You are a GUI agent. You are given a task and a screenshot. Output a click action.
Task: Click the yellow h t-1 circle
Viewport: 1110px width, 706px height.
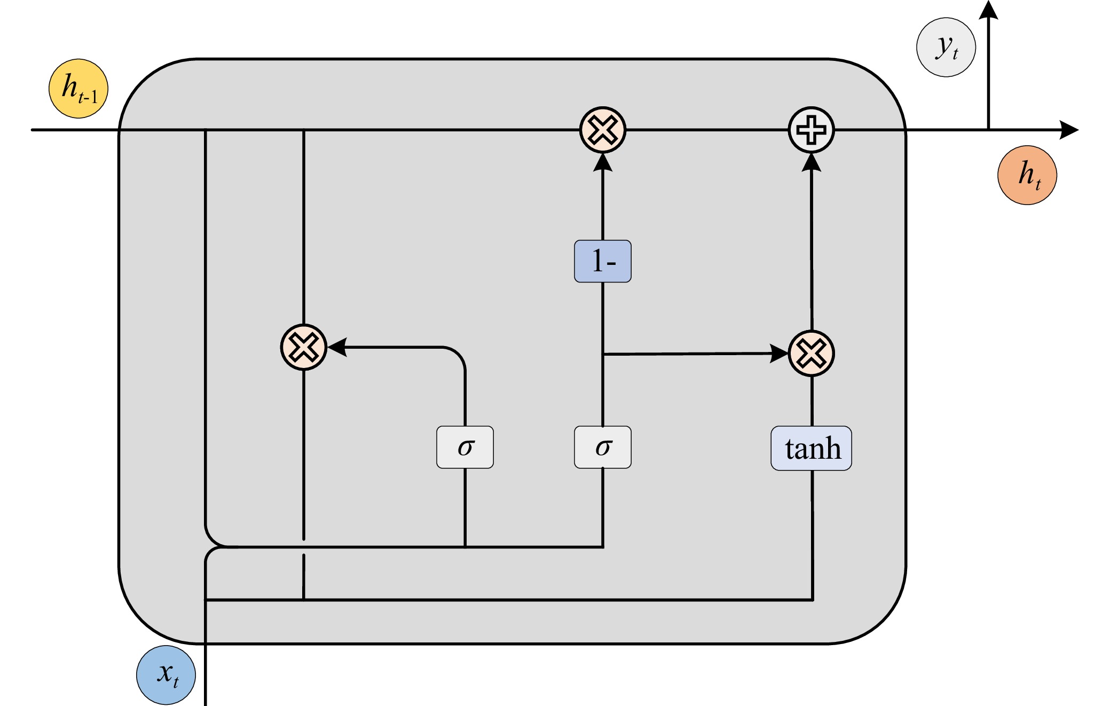point(78,89)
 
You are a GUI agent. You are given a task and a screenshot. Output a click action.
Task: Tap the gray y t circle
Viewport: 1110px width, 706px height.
point(946,48)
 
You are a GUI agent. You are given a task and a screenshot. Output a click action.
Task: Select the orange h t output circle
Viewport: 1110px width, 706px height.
point(1027,175)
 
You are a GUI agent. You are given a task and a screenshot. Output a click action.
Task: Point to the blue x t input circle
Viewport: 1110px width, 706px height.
point(166,675)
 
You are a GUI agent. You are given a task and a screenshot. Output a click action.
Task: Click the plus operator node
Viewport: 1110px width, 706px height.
point(812,130)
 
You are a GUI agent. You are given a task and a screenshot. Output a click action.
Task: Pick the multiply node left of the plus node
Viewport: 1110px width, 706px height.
point(603,130)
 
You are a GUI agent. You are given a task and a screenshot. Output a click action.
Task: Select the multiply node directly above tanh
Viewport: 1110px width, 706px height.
point(812,354)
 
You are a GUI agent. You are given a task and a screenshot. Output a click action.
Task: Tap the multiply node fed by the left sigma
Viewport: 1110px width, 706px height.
point(304,347)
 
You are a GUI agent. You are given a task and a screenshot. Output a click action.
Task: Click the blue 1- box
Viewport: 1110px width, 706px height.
point(603,261)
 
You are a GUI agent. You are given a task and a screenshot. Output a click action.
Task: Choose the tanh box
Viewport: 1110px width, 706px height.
point(812,448)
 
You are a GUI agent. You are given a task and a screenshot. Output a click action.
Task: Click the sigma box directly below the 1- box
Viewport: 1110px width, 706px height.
point(603,447)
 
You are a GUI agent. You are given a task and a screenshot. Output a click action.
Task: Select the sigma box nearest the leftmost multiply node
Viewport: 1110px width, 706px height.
point(465,447)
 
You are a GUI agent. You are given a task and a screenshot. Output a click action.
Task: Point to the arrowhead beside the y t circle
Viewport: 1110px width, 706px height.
point(988,10)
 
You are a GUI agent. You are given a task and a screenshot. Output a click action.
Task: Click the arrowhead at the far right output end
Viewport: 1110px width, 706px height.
point(1069,130)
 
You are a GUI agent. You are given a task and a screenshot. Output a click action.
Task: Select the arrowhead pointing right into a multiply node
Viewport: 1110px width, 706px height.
point(778,354)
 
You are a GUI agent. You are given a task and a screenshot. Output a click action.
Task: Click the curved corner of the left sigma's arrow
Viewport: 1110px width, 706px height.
point(458,354)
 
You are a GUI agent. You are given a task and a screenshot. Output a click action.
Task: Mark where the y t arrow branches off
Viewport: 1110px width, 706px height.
point(988,130)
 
